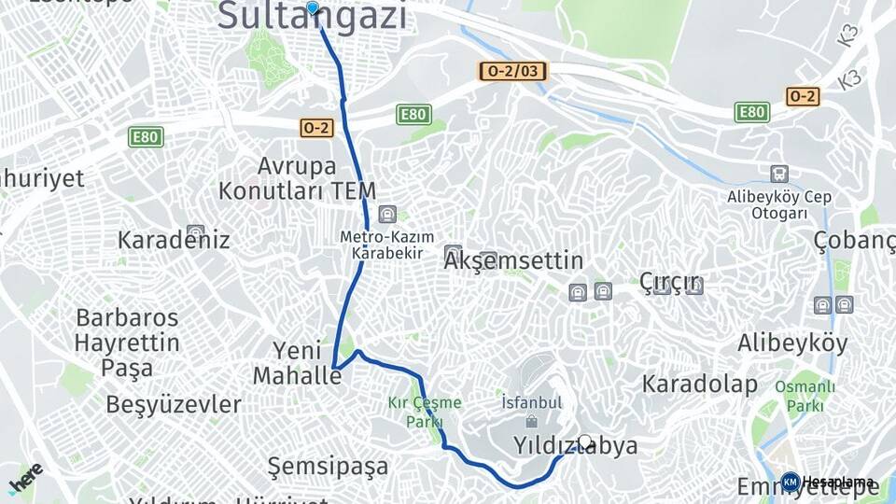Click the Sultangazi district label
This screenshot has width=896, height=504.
313,19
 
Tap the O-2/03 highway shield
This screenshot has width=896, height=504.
512,71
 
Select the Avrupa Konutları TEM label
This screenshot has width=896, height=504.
297,179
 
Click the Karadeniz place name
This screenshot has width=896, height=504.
174,240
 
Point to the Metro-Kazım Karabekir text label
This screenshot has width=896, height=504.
382,245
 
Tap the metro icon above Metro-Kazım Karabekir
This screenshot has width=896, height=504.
386,214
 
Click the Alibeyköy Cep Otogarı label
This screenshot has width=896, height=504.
779,204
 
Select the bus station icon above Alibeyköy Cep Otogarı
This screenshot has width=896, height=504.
779,175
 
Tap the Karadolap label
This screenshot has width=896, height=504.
699,384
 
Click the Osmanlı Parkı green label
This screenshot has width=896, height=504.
805,397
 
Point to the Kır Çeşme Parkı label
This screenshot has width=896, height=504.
425,412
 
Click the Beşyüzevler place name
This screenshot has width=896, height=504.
174,405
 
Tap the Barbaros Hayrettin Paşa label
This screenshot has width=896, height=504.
128,342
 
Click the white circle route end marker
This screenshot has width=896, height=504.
585,441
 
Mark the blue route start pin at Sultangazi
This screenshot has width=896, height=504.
313,9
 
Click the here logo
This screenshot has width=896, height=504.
26,479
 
